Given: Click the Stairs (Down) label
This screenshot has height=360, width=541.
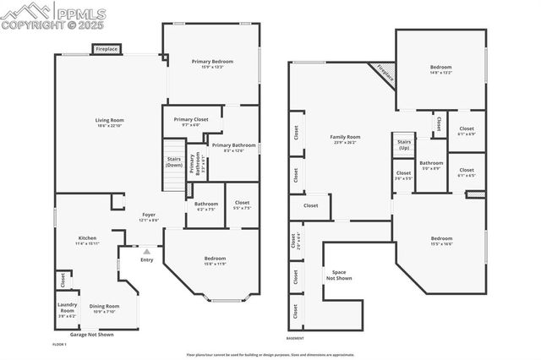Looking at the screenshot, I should click(x=173, y=162).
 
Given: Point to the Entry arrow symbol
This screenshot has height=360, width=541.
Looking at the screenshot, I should click(x=146, y=251).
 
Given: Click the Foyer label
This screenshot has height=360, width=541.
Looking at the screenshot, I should click(x=148, y=216).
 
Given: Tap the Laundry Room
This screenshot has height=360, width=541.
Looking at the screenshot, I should click(x=67, y=310).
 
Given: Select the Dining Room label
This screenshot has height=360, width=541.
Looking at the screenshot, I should click(x=105, y=308).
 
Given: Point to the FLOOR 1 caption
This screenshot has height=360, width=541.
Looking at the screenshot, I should click(x=59, y=345).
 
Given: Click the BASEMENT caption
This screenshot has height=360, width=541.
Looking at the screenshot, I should click(x=295, y=337).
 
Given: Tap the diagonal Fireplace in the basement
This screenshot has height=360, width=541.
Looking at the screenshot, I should click(x=385, y=73).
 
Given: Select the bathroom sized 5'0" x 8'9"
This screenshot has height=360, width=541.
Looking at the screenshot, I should click(x=431, y=165).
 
